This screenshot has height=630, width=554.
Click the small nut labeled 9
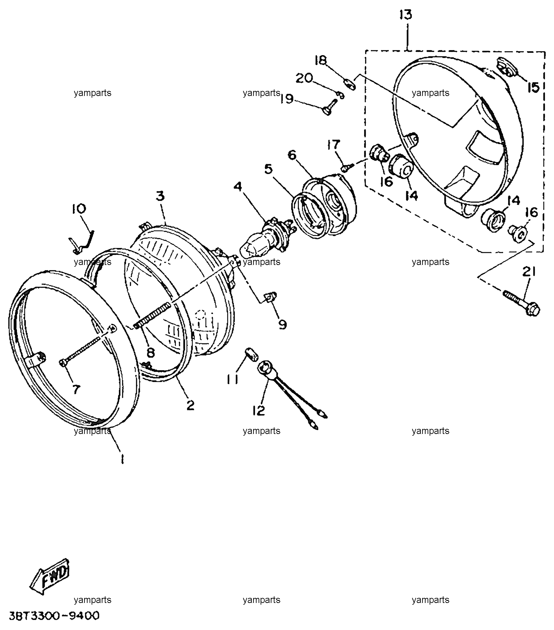click(x=269, y=297)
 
